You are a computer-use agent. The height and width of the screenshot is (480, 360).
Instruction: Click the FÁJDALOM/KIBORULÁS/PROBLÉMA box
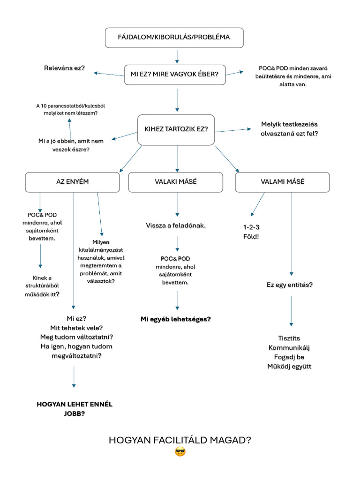[x=174, y=37]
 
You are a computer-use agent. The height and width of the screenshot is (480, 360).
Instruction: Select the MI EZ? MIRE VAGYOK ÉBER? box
[x=175, y=74]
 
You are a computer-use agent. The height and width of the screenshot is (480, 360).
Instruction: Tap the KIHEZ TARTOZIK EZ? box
[x=176, y=129]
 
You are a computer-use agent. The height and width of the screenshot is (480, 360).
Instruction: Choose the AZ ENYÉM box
[x=72, y=182]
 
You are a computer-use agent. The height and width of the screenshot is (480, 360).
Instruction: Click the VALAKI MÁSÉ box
[x=176, y=182]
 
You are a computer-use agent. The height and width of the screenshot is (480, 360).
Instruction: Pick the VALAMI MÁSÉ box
[x=283, y=182]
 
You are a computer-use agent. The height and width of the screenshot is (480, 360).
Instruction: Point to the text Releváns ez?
[x=64, y=68]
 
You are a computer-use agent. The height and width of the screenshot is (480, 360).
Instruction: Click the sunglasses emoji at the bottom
[x=180, y=452]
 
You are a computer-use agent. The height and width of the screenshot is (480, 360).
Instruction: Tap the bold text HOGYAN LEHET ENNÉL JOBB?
[x=75, y=409]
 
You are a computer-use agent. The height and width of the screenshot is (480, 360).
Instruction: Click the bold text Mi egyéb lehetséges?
[x=176, y=319]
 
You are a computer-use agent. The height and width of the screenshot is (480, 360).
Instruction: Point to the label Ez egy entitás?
[x=290, y=285]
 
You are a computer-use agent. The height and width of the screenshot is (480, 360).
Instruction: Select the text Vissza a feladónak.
[x=176, y=226]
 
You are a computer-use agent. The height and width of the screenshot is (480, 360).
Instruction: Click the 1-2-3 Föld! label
[x=251, y=232]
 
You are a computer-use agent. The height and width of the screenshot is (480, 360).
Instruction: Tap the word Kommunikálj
[x=289, y=347]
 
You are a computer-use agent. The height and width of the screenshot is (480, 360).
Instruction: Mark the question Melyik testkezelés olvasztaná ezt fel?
[x=289, y=129]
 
